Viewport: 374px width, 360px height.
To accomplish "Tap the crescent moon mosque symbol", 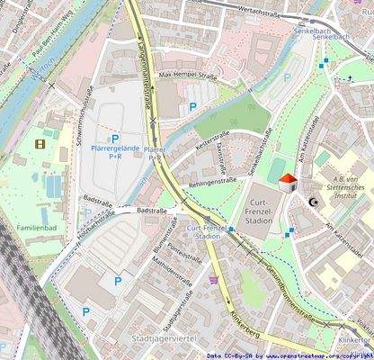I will click(x=313, y=202).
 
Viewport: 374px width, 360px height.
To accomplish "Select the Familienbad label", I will click(x=36, y=228).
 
